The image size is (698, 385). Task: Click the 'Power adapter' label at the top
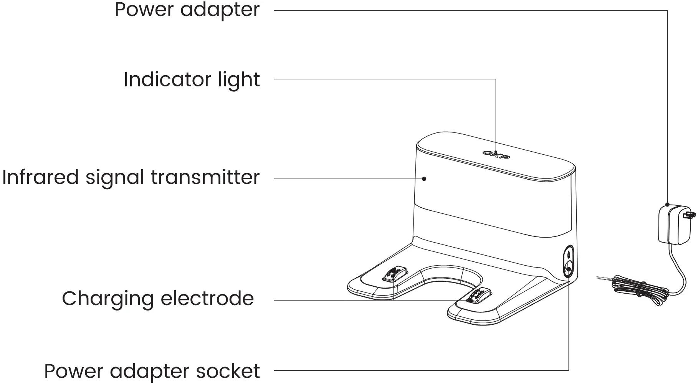pos(187,10)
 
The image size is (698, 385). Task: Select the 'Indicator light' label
pos(192,80)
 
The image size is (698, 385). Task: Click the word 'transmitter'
pos(205,177)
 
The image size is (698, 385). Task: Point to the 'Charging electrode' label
pos(158,299)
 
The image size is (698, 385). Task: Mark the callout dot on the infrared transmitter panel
pos(424,179)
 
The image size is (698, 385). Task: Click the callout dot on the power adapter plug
pos(667,205)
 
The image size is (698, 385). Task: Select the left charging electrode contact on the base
pos(395,274)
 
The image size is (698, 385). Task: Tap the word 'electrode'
pos(206,299)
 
